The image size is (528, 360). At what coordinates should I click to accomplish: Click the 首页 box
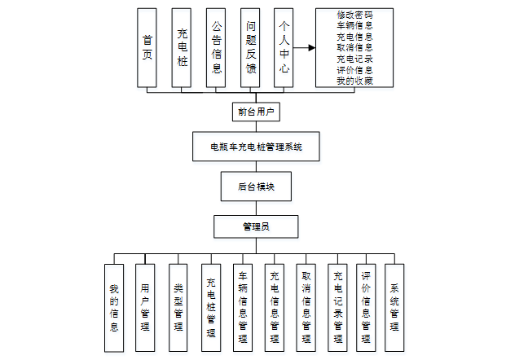[147, 47]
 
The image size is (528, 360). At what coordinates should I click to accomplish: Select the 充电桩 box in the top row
[182, 47]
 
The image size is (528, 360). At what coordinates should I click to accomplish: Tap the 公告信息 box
[216, 47]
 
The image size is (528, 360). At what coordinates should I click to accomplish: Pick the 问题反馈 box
[250, 47]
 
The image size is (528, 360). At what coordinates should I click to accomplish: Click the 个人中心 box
[283, 47]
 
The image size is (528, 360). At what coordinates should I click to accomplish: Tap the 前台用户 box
[255, 111]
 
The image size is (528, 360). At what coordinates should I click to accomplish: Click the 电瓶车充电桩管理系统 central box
[256, 147]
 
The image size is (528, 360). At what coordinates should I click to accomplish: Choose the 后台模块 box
[256, 186]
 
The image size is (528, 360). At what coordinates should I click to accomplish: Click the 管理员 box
[256, 225]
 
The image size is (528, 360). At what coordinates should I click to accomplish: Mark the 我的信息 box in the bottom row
[114, 306]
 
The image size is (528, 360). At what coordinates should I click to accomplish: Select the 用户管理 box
[145, 306]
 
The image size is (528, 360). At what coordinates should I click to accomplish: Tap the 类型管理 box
[178, 306]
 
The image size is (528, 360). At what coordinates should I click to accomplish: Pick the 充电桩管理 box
[210, 306]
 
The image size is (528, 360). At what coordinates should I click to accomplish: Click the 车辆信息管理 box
[243, 306]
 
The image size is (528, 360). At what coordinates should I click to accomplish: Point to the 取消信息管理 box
[306, 306]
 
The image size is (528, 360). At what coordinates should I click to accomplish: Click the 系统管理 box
[394, 306]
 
